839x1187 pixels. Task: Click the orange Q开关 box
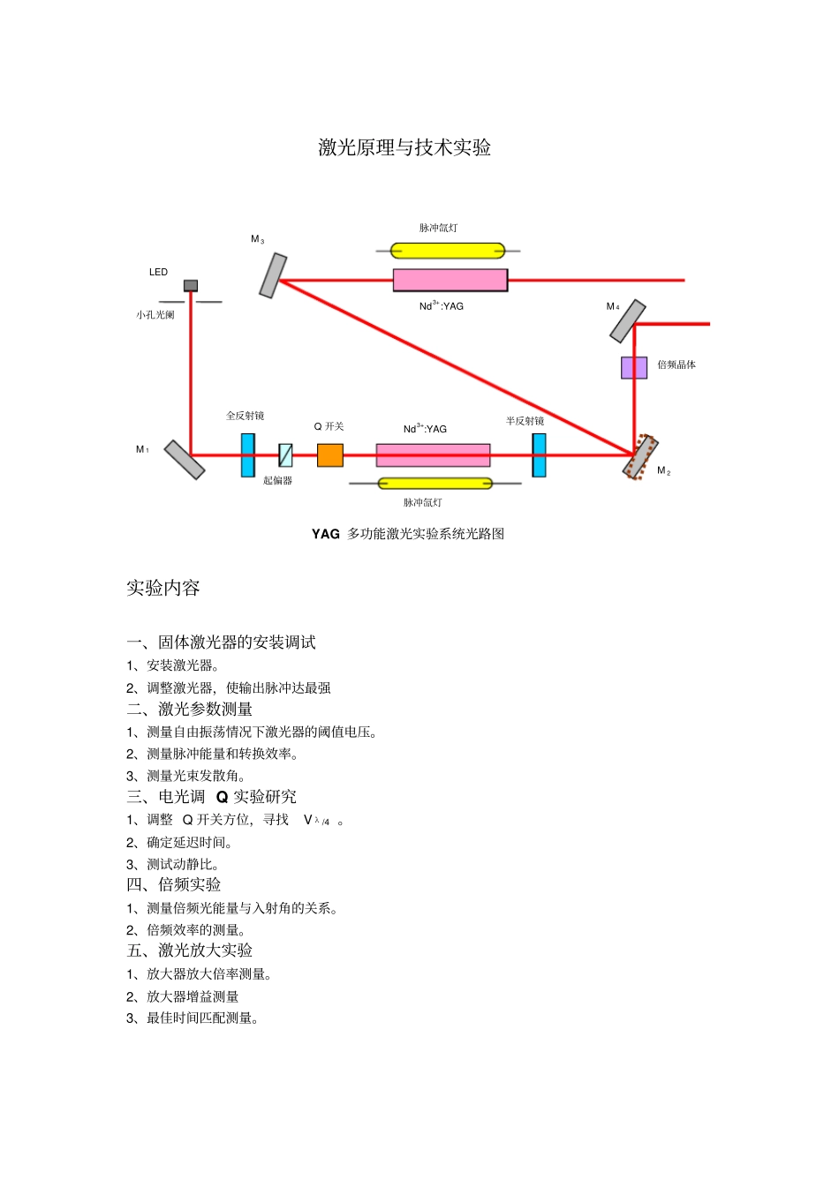[329, 455]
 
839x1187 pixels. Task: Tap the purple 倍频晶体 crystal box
[633, 367]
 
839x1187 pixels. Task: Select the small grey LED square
[191, 286]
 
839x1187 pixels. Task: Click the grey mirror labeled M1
[185, 460]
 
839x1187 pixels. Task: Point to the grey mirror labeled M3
[273, 275]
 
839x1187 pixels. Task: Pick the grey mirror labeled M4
[628, 321]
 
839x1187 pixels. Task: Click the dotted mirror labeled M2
[640, 457]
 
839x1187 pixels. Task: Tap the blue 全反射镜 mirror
[248, 455]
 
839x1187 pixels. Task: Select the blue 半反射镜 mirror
[539, 455]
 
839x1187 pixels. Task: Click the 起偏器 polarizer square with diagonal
[285, 455]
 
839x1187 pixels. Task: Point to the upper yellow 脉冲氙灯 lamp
[449, 251]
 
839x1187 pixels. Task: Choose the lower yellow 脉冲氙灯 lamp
[435, 484]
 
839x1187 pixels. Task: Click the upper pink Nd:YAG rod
[450, 280]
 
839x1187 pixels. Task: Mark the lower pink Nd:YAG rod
[433, 455]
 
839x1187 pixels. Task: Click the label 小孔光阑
[155, 315]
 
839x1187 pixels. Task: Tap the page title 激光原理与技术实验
[404, 147]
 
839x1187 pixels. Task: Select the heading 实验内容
[163, 588]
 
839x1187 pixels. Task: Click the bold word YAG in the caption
[326, 534]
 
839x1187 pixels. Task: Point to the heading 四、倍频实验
[174, 884]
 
